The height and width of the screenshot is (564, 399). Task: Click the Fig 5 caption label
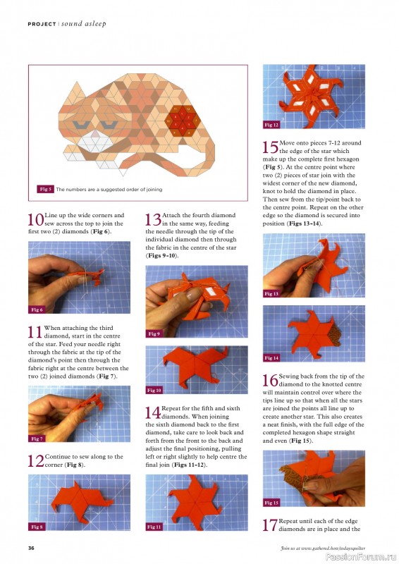click(x=44, y=189)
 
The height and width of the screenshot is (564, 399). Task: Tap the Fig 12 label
click(x=272, y=125)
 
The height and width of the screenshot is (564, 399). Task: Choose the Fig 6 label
click(x=37, y=309)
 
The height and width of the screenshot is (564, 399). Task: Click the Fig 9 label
click(x=154, y=333)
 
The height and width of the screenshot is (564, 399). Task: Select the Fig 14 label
click(x=272, y=358)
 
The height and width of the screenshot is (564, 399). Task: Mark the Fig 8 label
click(x=37, y=527)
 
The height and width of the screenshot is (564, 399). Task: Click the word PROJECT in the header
click(x=42, y=24)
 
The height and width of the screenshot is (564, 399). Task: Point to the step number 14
click(x=153, y=412)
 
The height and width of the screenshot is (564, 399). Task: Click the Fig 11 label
click(x=154, y=527)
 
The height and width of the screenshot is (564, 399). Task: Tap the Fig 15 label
click(x=272, y=503)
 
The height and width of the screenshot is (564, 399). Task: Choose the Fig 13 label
click(x=272, y=293)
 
